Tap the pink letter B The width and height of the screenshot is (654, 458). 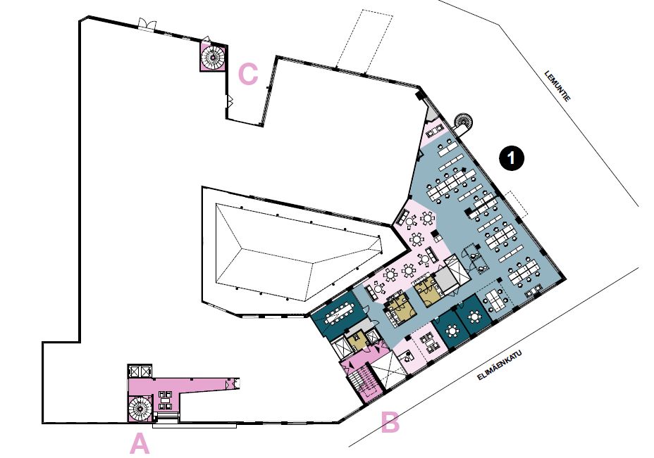390,423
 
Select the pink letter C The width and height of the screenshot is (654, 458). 248,75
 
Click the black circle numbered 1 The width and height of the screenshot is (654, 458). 512,158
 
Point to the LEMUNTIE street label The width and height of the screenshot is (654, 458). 557,87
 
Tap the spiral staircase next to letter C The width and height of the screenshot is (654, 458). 213,57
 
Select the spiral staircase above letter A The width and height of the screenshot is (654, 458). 140,409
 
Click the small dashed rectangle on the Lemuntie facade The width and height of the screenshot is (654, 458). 517,204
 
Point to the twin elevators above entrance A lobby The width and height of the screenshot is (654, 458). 140,371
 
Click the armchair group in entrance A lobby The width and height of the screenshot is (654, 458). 165,400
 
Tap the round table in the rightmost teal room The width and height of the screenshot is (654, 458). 474,317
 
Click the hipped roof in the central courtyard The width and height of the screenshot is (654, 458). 299,251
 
